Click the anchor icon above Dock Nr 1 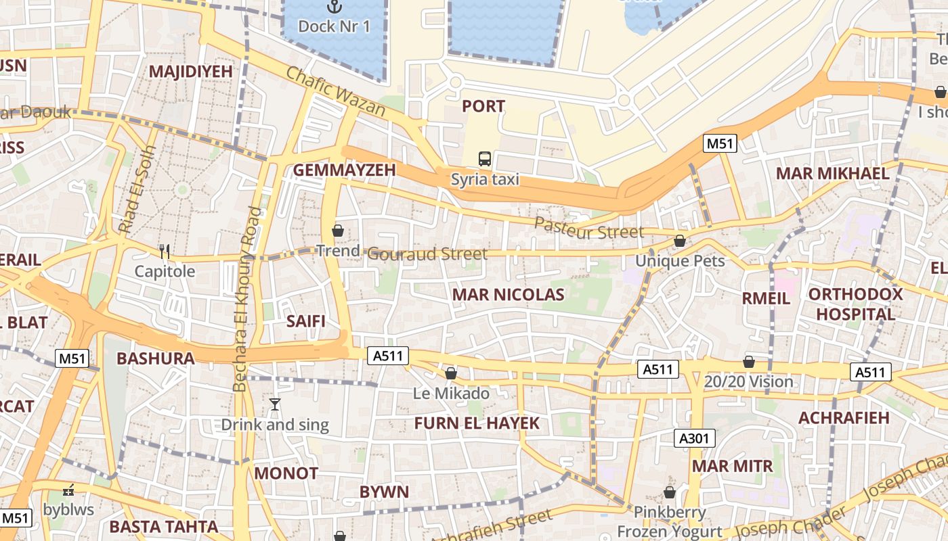click(335, 7)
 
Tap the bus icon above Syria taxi click(485, 160)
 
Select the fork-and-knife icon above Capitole click(164, 252)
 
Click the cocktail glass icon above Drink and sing click(274, 404)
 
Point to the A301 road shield click(695, 438)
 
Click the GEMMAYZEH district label click(344, 170)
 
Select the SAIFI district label click(305, 321)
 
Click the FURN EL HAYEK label click(477, 423)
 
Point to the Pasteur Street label click(589, 229)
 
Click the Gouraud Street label click(427, 254)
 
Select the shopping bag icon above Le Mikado click(451, 373)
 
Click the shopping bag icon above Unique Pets click(680, 241)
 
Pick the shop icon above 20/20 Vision click(749, 362)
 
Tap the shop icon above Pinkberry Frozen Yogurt click(670, 492)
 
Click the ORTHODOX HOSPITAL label click(855, 304)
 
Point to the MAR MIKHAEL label click(832, 173)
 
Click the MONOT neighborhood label click(286, 473)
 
